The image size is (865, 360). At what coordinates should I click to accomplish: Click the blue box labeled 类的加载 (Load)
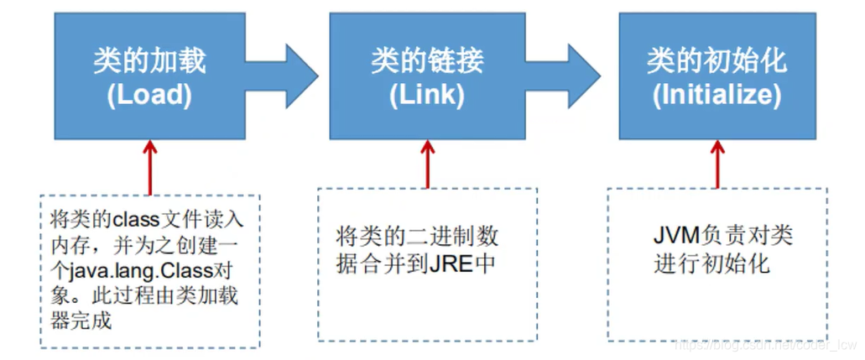tap(149, 76)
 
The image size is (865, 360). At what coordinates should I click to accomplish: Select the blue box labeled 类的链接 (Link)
tap(427, 76)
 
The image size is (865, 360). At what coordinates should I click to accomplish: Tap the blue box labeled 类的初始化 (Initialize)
tap(716, 76)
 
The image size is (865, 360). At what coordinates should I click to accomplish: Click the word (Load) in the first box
tap(149, 95)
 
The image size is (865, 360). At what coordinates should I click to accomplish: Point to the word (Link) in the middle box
tap(427, 95)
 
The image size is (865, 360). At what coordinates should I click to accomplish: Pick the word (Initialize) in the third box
tap(716, 95)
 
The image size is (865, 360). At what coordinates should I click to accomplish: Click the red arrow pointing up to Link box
tap(428, 163)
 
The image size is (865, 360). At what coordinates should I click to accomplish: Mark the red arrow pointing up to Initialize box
tap(717, 163)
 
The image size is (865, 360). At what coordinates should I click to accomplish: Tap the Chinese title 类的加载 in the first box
tap(149, 61)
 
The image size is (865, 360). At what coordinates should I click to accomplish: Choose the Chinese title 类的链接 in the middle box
tap(427, 61)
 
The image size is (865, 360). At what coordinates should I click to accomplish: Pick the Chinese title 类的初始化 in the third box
tap(716, 61)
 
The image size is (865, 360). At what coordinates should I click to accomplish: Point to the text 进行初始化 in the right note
tap(711, 263)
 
